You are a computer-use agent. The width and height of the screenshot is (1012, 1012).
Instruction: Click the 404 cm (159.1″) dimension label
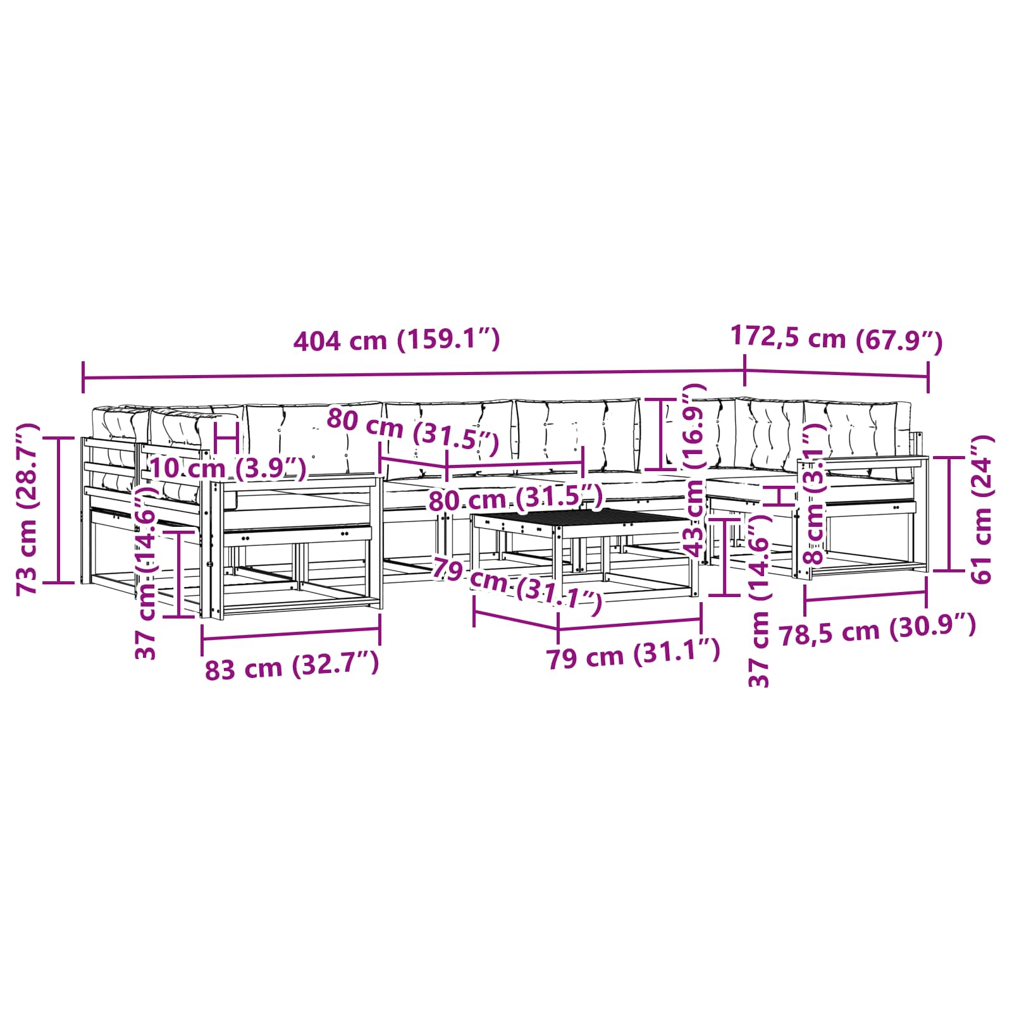(397, 340)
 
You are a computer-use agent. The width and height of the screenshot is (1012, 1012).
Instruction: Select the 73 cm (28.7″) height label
(28, 509)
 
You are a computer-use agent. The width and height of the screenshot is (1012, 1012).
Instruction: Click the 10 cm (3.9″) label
(228, 468)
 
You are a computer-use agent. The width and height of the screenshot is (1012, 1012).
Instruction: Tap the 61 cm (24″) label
(981, 509)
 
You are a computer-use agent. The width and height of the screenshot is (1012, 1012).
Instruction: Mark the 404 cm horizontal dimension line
(414, 375)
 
